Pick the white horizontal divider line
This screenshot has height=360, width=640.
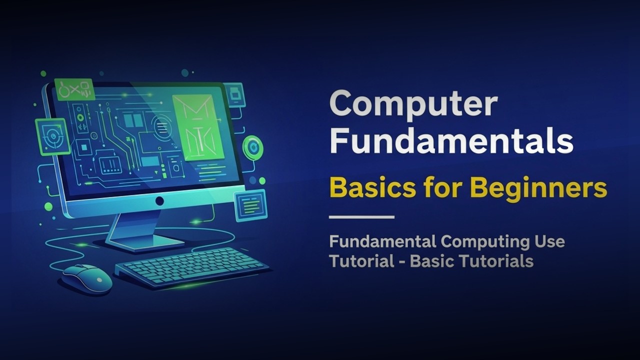click(361, 217)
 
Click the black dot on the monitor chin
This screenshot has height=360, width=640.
click(159, 201)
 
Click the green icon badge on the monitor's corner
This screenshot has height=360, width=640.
click(74, 89)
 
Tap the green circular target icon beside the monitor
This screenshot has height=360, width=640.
click(253, 147)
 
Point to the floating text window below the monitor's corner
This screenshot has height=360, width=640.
click(250, 204)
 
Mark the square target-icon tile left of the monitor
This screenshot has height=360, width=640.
click(52, 136)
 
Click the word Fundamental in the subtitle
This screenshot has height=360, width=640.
click(382, 242)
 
